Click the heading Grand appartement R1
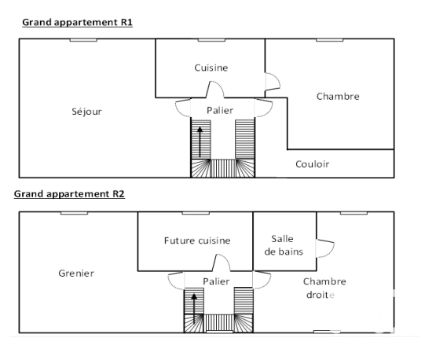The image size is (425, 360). (77, 22)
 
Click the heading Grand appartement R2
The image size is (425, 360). (69, 194)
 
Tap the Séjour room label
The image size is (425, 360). (86, 112)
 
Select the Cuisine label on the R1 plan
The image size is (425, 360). (211, 68)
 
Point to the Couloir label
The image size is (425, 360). (312, 163)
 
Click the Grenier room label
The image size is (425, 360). (76, 274)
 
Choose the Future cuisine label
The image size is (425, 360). (197, 241)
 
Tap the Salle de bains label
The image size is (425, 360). (284, 245)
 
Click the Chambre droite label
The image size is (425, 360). (324, 288)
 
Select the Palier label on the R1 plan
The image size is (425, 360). (220, 110)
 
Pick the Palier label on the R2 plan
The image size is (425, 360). (216, 281)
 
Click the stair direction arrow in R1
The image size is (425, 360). (200, 142)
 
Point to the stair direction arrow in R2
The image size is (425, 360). (194, 309)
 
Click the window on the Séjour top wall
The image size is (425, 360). (83, 40)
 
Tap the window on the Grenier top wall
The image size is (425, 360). (74, 213)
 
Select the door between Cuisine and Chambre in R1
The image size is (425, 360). (273, 82)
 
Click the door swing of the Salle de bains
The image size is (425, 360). (325, 248)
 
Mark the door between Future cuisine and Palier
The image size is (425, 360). (221, 262)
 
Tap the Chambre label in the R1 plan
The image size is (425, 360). (338, 97)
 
